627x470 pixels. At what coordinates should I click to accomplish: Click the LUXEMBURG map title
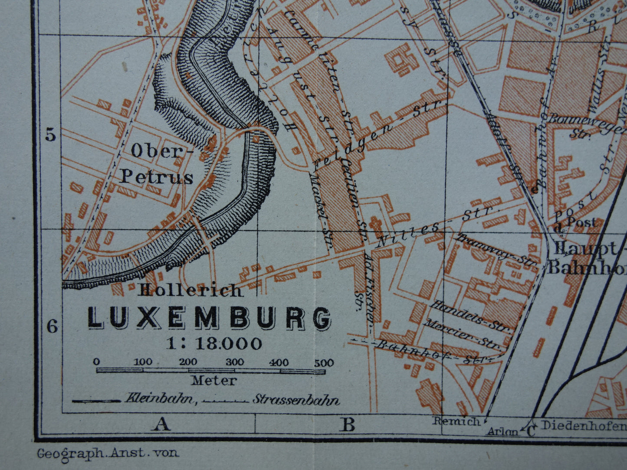click(209, 318)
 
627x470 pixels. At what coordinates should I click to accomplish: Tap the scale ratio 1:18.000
click(214, 343)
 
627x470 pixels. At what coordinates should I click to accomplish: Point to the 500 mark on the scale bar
click(323, 363)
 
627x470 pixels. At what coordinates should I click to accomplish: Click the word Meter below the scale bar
click(214, 381)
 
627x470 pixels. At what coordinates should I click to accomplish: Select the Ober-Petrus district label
click(156, 164)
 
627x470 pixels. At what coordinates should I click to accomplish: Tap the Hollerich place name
click(190, 290)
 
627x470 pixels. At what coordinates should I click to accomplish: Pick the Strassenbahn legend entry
click(295, 399)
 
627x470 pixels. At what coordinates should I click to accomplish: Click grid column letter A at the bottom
click(161, 424)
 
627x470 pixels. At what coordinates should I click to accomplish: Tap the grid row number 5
click(51, 136)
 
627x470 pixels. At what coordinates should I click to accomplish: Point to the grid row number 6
click(52, 326)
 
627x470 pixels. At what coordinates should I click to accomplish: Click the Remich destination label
click(456, 421)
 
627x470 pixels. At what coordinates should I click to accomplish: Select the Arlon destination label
click(502, 431)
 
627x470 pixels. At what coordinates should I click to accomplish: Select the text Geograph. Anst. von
click(108, 453)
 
